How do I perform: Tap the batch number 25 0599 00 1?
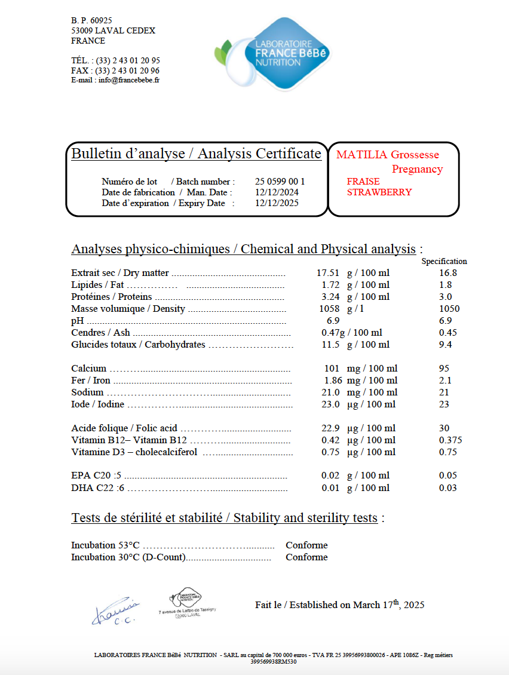pos(280,182)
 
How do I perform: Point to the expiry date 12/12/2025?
pos(277,203)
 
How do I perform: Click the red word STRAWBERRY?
pos(379,192)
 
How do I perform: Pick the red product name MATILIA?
pos(362,155)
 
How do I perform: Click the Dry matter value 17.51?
pos(328,273)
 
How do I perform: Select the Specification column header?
pos(444,261)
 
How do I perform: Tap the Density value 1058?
pos(330,309)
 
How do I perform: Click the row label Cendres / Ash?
pos(100,333)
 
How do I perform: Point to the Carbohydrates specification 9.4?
pos(445,345)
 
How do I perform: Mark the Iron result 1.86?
pos(333,381)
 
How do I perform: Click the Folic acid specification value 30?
pos(444,428)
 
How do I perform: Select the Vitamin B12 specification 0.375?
pos(450,440)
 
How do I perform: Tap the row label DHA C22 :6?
pos(97,488)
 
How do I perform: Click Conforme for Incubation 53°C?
pos(306,545)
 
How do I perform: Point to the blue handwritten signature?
pos(116,611)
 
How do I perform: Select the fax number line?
pos(115,70)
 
